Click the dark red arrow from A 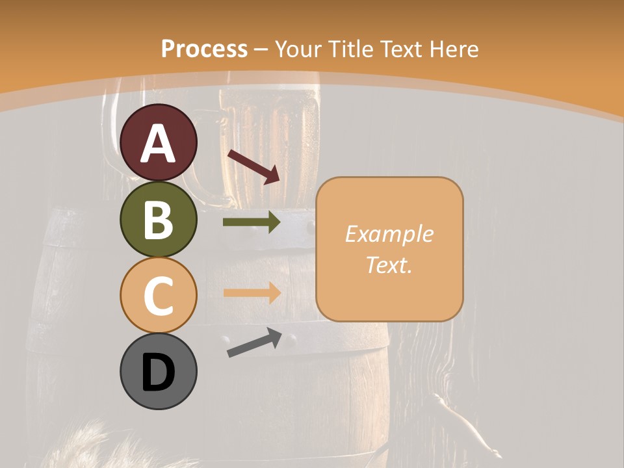(x=253, y=165)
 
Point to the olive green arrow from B (x=252, y=222)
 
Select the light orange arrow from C (x=252, y=293)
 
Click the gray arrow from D (x=254, y=343)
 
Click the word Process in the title (x=205, y=49)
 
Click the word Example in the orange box (x=389, y=235)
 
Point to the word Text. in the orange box (x=389, y=265)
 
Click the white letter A (x=158, y=144)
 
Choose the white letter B (x=158, y=220)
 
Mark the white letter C (x=158, y=296)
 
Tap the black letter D (x=158, y=372)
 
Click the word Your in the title (x=298, y=49)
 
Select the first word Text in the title (x=400, y=49)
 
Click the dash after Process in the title (x=261, y=49)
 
